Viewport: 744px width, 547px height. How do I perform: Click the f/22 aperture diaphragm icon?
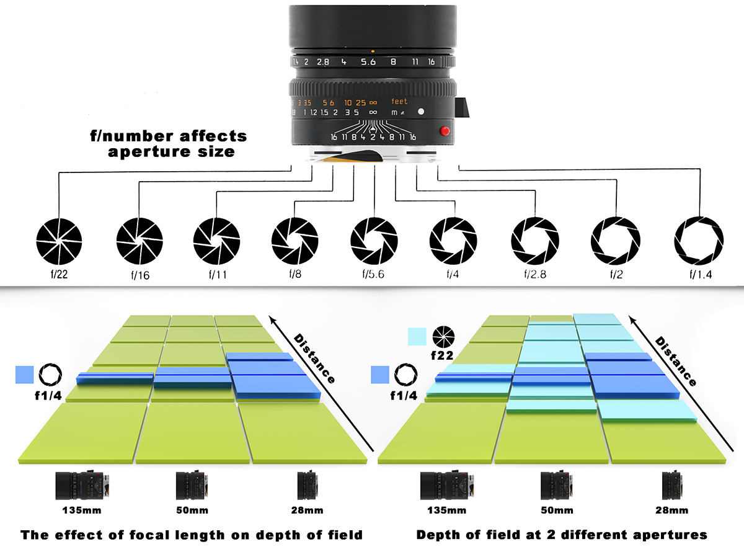tap(59, 242)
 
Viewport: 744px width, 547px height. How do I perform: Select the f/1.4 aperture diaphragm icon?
tap(699, 241)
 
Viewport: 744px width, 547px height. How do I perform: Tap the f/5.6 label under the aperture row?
tap(373, 274)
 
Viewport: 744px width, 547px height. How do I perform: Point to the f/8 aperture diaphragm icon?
tap(294, 241)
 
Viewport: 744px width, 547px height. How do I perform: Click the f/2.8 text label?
tap(535, 274)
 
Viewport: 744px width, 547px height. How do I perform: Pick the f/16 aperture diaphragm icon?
tap(139, 241)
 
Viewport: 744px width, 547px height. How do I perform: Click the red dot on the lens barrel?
tap(445, 131)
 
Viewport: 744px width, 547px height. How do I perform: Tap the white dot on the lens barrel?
tap(421, 112)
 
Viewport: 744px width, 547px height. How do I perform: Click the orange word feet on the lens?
tap(399, 101)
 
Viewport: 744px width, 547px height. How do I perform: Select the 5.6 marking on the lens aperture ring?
tap(368, 62)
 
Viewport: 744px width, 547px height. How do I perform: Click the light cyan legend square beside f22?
tap(417, 336)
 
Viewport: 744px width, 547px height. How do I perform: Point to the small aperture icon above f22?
tap(443, 337)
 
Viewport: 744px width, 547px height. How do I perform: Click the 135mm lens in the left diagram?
tap(82, 485)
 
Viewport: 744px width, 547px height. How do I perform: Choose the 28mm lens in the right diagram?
tap(672, 485)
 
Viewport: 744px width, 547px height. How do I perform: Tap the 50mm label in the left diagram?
tap(192, 510)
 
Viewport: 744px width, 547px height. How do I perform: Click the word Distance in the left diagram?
tap(314, 358)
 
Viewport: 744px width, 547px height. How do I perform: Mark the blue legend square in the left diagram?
tap(25, 375)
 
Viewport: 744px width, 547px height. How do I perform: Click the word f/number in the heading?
tap(132, 136)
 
